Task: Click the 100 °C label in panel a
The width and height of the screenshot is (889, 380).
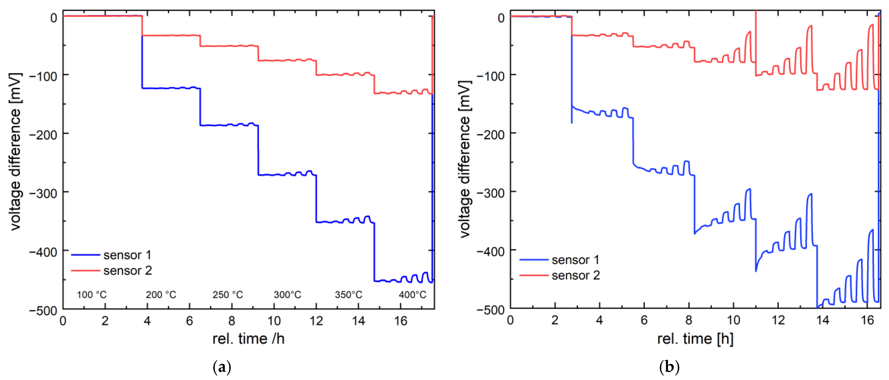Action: [x=91, y=295]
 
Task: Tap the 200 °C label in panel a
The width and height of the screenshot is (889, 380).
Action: [x=161, y=295]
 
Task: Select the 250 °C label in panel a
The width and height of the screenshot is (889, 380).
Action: [x=227, y=295]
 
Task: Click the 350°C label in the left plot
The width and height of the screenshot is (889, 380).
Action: [x=349, y=295]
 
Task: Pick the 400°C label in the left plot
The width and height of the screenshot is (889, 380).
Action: [x=412, y=295]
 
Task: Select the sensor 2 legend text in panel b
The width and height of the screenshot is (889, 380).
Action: [x=576, y=276]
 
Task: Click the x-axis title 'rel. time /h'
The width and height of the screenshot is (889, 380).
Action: [x=248, y=339]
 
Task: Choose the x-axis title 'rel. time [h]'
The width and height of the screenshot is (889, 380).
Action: [x=695, y=339]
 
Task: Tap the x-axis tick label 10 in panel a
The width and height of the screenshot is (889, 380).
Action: [x=274, y=321]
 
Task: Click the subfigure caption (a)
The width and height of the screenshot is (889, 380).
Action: [x=222, y=367]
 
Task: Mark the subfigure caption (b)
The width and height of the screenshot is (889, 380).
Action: [x=669, y=367]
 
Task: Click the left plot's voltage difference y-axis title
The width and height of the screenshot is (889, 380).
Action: [x=16, y=152]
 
